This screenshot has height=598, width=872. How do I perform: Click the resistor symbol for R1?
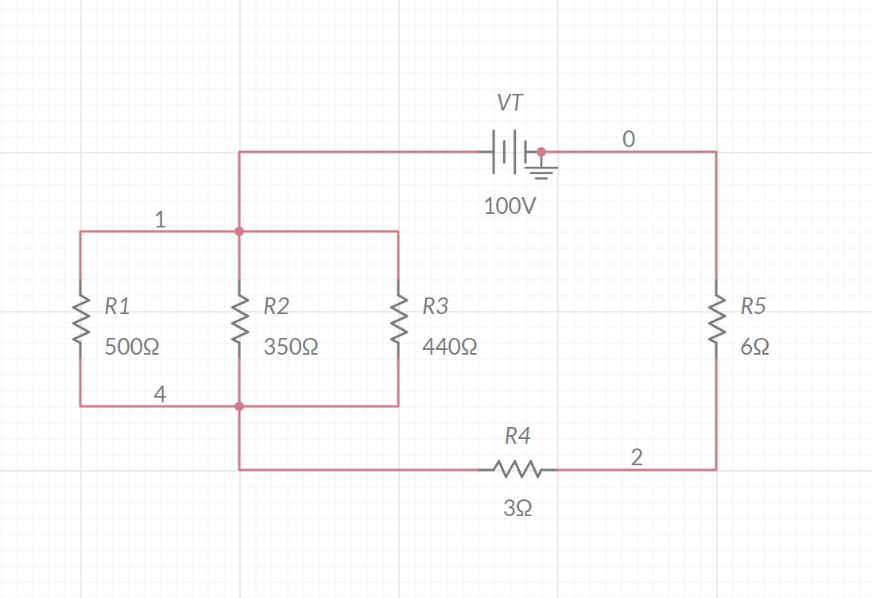pos(80,319)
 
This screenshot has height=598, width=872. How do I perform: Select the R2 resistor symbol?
pos(239,319)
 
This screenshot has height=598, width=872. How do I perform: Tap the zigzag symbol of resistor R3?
pos(398,319)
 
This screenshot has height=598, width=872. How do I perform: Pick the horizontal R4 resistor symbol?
pos(517,469)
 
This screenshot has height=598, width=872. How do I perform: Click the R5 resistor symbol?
pos(716,319)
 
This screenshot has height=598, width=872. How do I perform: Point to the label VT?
pos(510,103)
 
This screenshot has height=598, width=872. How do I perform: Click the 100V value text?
pos(510,207)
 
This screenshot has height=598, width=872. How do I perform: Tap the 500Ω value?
pos(132,348)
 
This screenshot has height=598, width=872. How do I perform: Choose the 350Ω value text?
pos(291,348)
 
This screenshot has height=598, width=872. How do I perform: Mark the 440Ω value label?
pos(450,348)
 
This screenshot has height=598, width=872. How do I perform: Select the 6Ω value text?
pos(754,348)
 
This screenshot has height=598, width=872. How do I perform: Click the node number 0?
pos(629,139)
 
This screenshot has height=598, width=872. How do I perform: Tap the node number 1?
pos(160,219)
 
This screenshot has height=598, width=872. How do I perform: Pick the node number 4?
pos(160,394)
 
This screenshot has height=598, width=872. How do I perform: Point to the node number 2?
pos(637,457)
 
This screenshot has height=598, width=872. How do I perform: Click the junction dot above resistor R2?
pos(239,231)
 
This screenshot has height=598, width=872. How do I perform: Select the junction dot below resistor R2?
pos(239,406)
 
